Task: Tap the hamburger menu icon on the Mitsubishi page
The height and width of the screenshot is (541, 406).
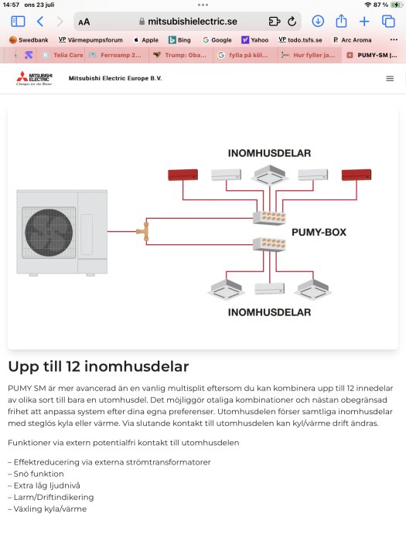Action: tap(389, 79)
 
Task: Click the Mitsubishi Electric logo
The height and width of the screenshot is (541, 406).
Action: tap(33, 79)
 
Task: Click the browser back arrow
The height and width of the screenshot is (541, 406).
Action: tap(40, 22)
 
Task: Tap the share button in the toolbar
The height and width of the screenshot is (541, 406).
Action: tap(341, 22)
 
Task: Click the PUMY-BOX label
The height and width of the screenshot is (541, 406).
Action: tap(318, 232)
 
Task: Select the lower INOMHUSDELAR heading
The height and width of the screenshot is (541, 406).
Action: tap(269, 312)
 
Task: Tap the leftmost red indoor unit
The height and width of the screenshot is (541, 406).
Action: tap(183, 175)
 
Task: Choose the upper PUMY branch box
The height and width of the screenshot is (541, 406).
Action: tap(270, 217)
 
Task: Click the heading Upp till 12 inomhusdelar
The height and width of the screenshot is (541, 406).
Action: tap(98, 366)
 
